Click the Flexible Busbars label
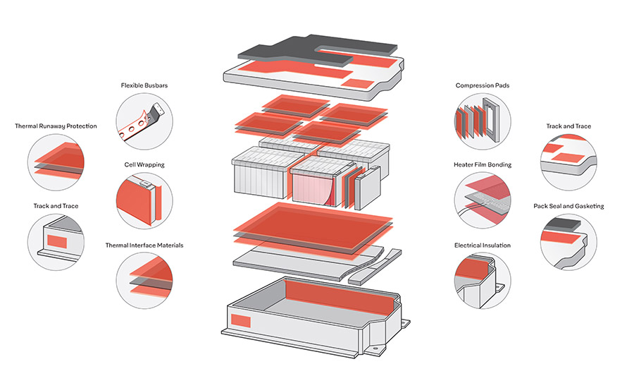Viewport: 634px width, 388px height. [x=144, y=86]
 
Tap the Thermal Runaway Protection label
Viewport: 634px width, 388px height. [x=56, y=126]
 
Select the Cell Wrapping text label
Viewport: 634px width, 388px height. [x=144, y=164]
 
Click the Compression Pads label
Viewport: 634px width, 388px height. [x=482, y=86]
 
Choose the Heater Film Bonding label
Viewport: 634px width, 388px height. [x=482, y=164]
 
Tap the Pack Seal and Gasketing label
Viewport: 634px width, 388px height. [x=568, y=206]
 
